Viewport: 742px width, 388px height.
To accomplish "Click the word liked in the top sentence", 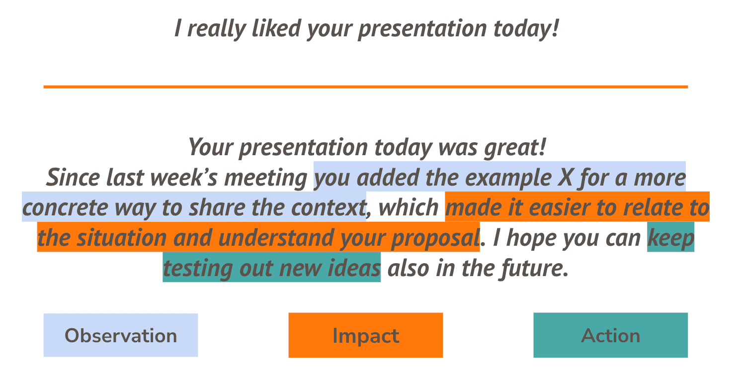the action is tap(276, 28).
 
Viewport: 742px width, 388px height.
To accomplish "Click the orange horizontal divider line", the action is tap(366, 87).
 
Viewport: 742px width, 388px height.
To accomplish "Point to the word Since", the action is tap(73, 178).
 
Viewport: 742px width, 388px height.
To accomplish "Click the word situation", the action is tap(122, 238).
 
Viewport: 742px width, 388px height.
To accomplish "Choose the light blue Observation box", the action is tap(121, 335).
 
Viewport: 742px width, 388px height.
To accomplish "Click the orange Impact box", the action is tap(366, 335).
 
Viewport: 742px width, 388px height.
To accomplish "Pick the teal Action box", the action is tap(610, 335).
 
